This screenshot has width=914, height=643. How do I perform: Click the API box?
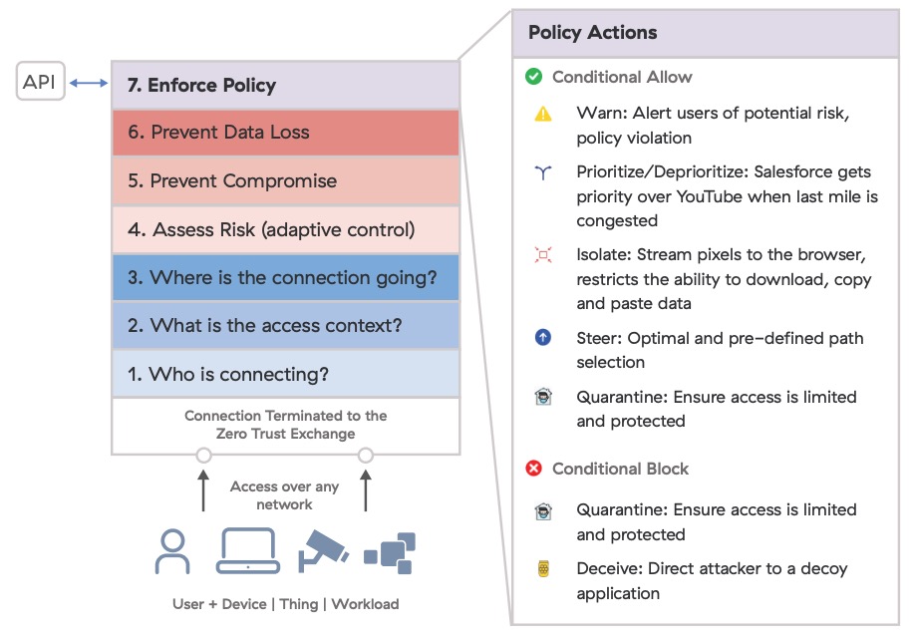tap(40, 82)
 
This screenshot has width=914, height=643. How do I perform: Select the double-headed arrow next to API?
tap(89, 84)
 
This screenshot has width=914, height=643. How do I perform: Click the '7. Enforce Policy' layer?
tap(285, 85)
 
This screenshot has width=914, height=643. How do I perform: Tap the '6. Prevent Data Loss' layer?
tap(285, 133)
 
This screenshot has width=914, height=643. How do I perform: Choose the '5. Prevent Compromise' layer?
tap(285, 181)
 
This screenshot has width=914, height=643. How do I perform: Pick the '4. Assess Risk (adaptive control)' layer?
tap(285, 229)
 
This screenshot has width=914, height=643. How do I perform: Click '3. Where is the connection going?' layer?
tap(285, 278)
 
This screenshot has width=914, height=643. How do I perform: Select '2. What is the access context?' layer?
tap(285, 326)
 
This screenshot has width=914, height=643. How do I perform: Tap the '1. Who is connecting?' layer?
tap(285, 375)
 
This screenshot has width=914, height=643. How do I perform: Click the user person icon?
tap(172, 551)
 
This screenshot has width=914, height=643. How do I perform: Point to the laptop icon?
tap(247, 551)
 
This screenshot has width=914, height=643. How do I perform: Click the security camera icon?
tap(322, 549)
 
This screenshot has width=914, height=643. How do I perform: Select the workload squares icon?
tap(390, 551)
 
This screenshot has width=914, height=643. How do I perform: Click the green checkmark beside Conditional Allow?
tap(533, 77)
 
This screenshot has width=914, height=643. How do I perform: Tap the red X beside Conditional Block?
tap(533, 469)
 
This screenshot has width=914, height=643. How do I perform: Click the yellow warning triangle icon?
tap(543, 114)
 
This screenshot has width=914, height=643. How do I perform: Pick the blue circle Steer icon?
tap(543, 338)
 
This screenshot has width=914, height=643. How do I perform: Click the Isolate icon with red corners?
tap(543, 255)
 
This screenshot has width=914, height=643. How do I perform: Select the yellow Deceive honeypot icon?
tap(543, 570)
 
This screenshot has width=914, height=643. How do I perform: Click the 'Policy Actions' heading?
tap(593, 33)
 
